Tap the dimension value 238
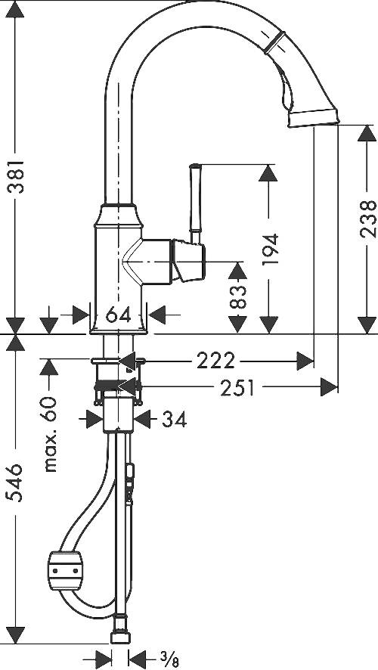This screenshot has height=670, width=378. (367, 219)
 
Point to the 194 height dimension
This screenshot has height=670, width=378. (271, 249)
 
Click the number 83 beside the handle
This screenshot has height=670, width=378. (238, 296)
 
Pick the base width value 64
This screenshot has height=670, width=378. (118, 315)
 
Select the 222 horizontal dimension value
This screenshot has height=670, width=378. (215, 361)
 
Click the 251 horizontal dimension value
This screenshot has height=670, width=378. (237, 388)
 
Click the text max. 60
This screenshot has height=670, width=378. (51, 434)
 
